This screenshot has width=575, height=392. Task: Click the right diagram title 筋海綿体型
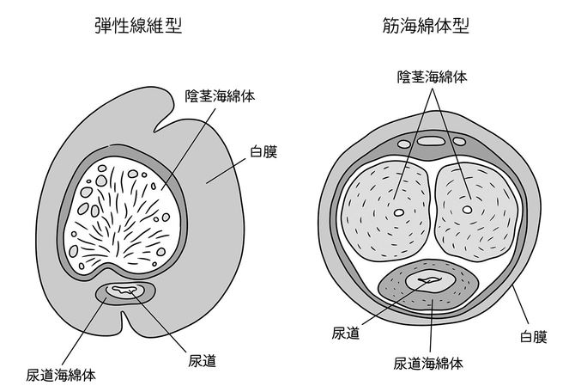tap(427, 27)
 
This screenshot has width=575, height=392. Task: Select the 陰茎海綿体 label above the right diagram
tap(432, 76)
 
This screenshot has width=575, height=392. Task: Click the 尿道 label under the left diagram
tap(201, 359)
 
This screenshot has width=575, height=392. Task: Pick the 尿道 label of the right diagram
tap(344, 330)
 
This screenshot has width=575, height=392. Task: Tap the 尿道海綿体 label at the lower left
tap(60, 375)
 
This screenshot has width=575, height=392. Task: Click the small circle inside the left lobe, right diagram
tap(397, 211)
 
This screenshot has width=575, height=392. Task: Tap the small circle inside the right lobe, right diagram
tap(467, 209)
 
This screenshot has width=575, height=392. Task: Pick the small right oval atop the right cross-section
tap(460, 140)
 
